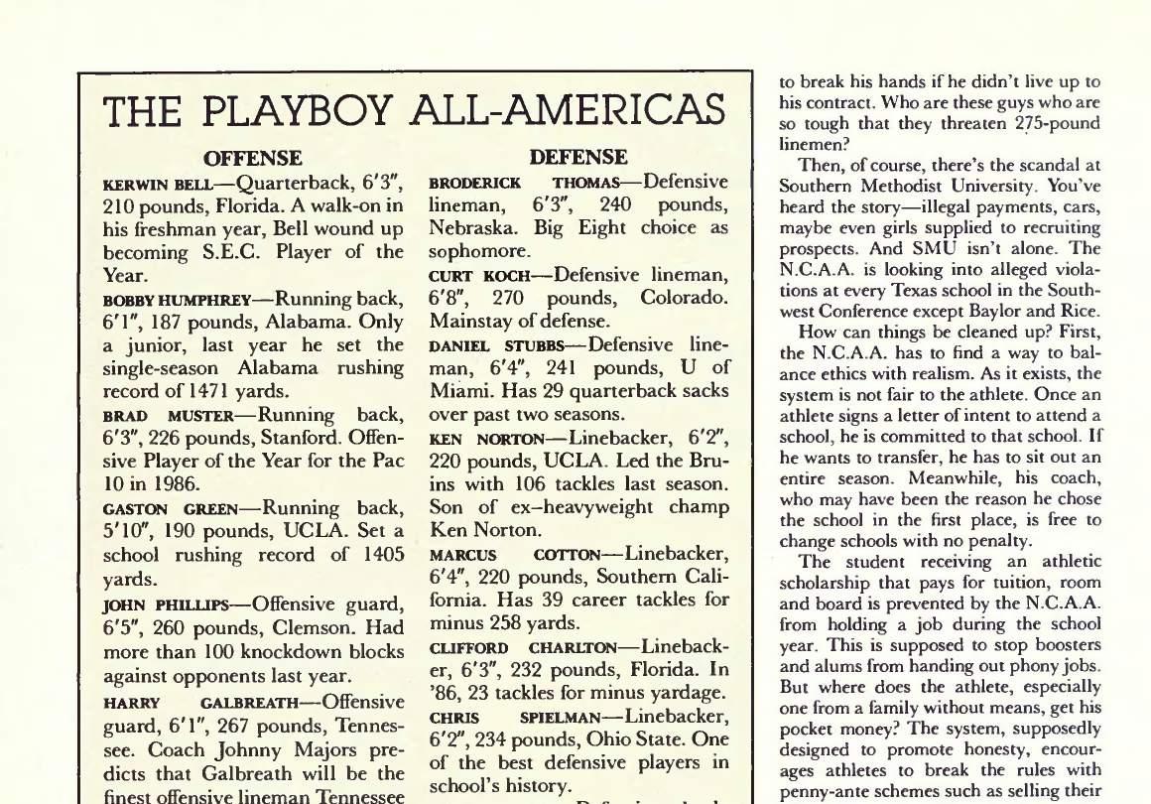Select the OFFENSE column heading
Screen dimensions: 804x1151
252,158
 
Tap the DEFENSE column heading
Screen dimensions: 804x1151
578,157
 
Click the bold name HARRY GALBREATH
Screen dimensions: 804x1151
200,703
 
